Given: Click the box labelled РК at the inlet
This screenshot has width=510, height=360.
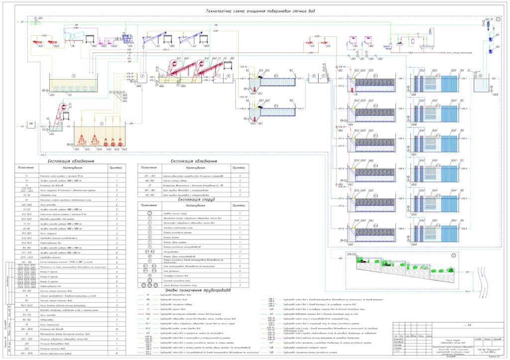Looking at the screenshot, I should click(31, 126).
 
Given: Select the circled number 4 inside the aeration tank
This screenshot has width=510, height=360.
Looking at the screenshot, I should click(73, 75).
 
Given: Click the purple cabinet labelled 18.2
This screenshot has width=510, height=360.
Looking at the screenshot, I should click(368, 40).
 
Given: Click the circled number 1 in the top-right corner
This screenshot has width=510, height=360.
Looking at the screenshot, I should click(499, 18).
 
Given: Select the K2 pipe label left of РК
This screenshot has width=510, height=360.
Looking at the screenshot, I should click(22, 126).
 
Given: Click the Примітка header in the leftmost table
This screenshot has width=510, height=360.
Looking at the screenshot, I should click(117, 168).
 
